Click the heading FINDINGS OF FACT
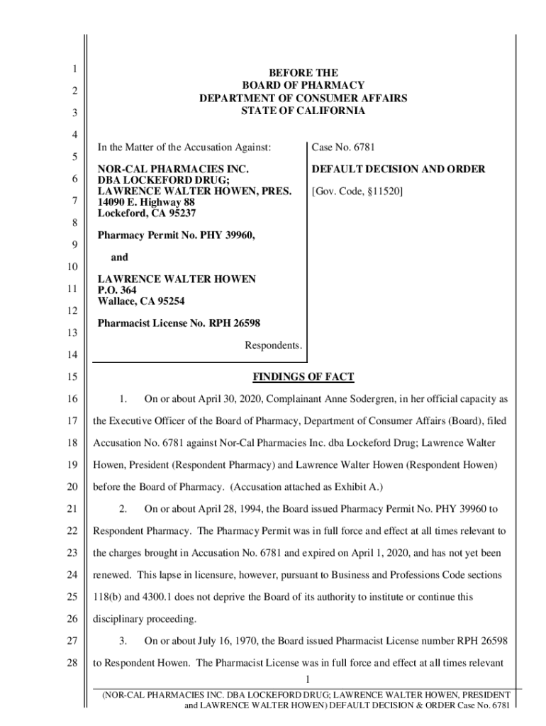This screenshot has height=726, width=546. point(303,376)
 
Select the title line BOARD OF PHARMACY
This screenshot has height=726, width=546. point(303,85)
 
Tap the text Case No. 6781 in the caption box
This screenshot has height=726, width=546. point(343,147)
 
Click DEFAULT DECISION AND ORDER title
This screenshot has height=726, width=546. point(399,169)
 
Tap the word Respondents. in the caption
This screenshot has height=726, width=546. point(273,345)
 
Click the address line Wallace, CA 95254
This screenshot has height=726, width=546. point(141,301)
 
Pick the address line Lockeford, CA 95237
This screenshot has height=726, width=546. point(146,213)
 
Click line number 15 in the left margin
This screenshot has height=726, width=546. point(71,378)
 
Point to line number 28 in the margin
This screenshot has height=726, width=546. point(71,663)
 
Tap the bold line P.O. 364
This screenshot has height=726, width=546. point(116,290)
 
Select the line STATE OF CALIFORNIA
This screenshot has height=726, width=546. point(303,111)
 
